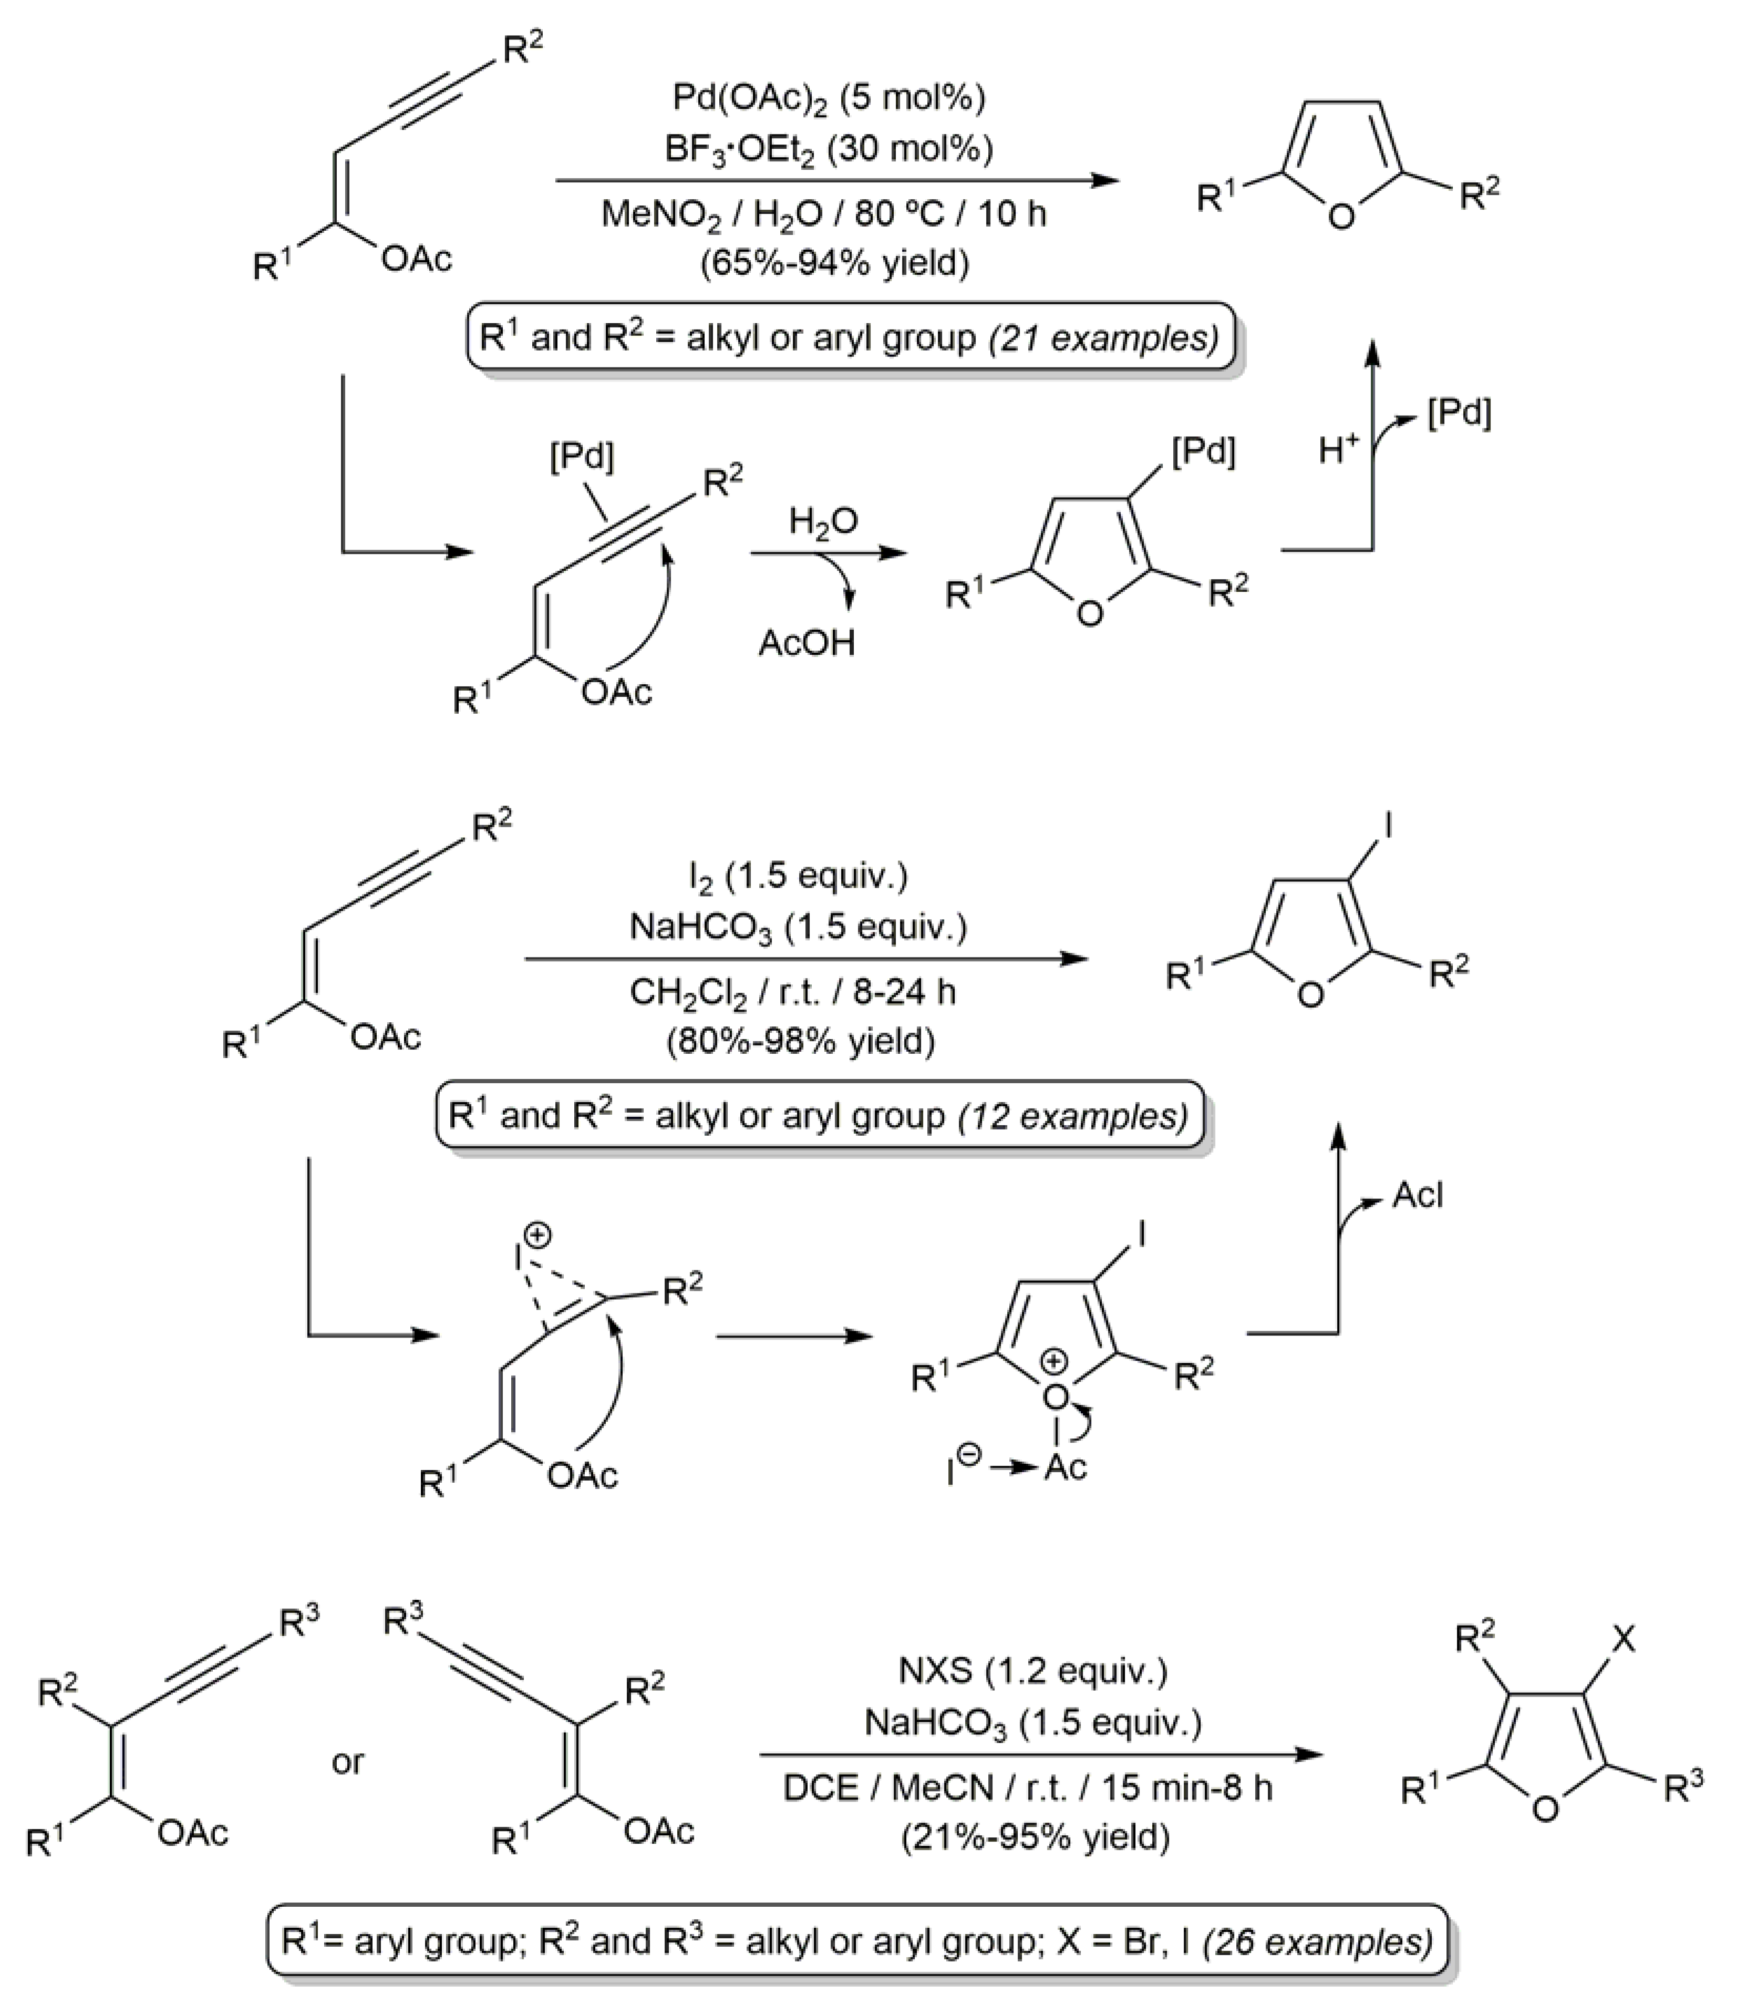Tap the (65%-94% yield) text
coord(834,262)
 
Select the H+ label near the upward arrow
coord(1340,449)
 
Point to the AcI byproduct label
coord(1418,1196)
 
